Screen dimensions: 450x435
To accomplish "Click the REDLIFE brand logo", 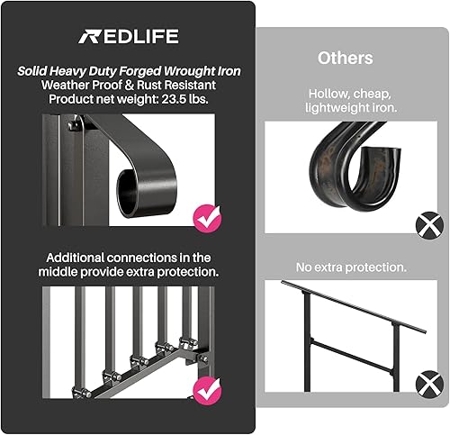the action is pos(129,37).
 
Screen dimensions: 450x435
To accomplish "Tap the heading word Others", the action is pos(346,58).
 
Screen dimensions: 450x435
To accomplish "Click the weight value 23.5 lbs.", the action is pos(185,99).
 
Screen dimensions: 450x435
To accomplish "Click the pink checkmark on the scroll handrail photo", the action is pos(208,219).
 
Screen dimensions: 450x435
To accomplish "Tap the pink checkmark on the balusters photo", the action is pos(207,391).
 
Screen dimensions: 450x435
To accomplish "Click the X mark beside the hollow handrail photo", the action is pos(429,225).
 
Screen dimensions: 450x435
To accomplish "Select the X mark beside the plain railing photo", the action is pos(429,385).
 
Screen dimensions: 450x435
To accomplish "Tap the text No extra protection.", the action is pos(351,267).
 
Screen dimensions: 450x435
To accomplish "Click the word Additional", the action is pos(76,258).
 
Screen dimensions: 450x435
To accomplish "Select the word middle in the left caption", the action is pos(58,272).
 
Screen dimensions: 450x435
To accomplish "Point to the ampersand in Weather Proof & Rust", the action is pos(129,86).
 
